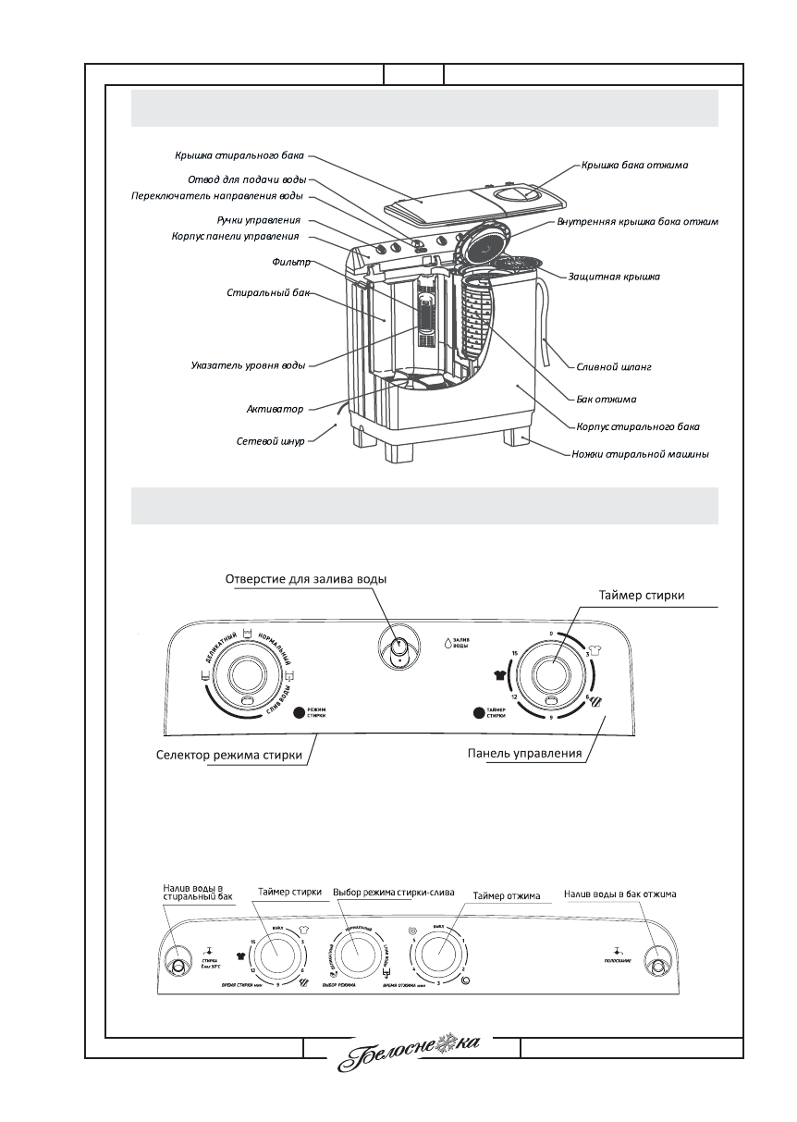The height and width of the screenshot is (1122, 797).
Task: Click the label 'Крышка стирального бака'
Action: point(239,155)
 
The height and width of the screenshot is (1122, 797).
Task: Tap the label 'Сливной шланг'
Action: point(614,367)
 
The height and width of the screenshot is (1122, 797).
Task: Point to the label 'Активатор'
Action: point(275,409)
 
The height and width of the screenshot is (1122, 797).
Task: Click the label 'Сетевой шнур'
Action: point(269,441)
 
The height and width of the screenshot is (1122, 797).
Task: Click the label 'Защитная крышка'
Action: point(607,277)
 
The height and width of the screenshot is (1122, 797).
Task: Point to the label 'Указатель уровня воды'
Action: point(242,366)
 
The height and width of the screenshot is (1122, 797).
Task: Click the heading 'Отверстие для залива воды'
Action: point(306,579)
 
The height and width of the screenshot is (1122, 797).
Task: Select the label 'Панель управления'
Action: point(524,752)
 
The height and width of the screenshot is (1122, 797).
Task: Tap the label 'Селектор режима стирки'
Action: point(228,755)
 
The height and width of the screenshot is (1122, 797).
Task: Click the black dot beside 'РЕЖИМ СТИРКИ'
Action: point(299,713)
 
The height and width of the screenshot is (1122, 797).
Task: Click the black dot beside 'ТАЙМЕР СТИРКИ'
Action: point(478,713)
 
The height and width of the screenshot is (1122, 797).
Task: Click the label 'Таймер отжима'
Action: point(506,895)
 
